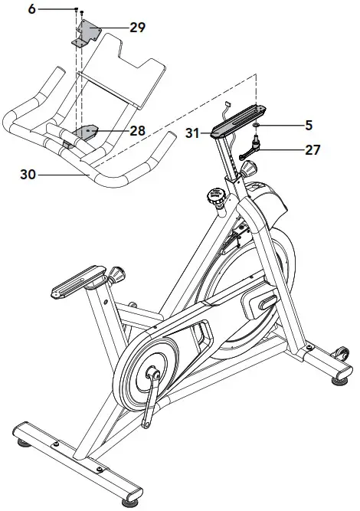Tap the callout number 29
tap(138, 28)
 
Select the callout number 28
tap(137, 131)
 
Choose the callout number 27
tap(312, 149)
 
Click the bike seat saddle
tap(77, 281)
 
